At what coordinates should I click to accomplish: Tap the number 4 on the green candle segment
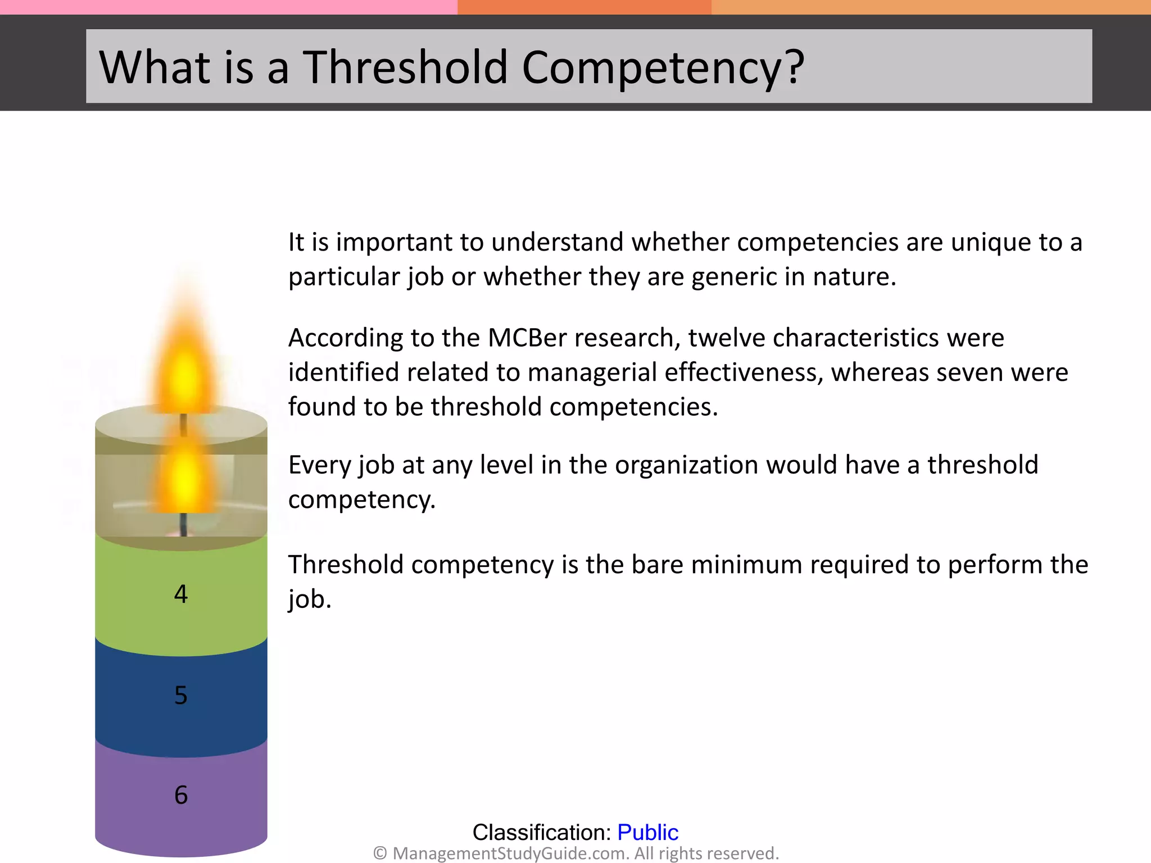180,594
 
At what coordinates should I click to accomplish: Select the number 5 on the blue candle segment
180,696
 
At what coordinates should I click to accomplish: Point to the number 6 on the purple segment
180,795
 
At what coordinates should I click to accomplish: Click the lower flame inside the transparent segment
184,478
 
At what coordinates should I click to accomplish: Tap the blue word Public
647,832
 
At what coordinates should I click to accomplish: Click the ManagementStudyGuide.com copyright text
575,853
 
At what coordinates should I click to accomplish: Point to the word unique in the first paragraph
990,243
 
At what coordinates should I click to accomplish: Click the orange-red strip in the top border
584,7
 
